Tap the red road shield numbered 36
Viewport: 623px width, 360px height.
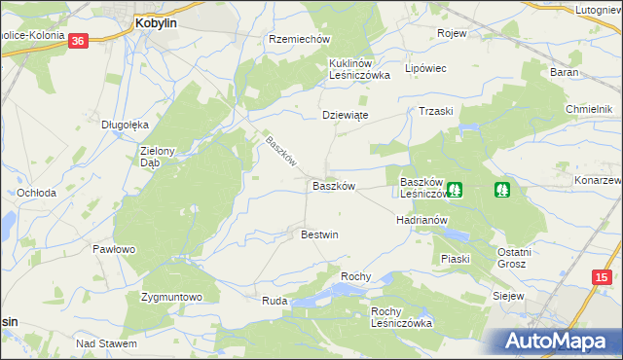coord(79,40)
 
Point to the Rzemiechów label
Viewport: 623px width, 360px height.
coord(300,39)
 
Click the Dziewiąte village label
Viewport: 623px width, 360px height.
coord(346,115)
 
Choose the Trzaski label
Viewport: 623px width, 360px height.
coord(436,112)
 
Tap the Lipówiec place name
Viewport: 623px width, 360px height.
coord(424,69)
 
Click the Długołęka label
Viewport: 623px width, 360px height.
coord(125,125)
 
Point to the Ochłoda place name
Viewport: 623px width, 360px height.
coord(36,193)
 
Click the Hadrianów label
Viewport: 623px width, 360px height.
coord(421,220)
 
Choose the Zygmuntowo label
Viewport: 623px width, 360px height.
coord(170,297)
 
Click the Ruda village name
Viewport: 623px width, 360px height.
coord(274,302)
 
